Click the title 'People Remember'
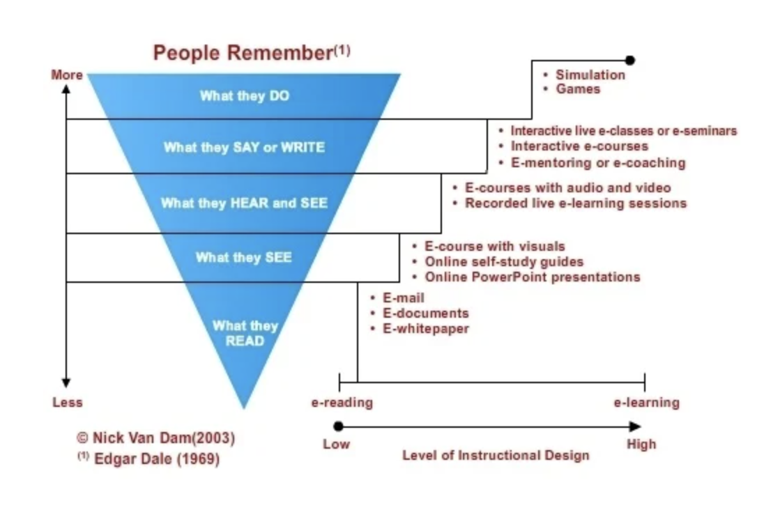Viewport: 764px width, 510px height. click(x=243, y=53)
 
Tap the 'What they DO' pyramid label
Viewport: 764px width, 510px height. click(x=245, y=95)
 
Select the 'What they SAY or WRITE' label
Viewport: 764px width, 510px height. click(x=244, y=147)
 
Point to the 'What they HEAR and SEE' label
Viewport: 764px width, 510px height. click(x=244, y=203)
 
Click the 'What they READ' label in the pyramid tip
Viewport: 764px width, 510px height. click(x=245, y=333)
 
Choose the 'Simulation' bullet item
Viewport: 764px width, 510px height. click(x=590, y=75)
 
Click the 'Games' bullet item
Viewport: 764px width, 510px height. click(x=578, y=89)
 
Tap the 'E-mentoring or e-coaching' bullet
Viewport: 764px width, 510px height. click(x=598, y=163)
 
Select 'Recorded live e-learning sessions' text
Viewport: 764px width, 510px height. click(x=575, y=203)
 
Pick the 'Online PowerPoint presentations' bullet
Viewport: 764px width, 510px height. click(x=532, y=277)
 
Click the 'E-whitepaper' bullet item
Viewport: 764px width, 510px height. click(x=426, y=329)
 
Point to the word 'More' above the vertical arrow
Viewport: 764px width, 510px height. click(x=67, y=75)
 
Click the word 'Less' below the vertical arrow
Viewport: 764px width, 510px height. click(x=67, y=402)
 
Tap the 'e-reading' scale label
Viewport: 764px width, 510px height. click(x=342, y=402)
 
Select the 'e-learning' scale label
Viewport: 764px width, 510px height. click(x=647, y=402)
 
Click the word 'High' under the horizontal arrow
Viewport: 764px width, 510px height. click(x=641, y=445)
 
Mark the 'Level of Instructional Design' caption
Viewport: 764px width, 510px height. click(x=496, y=456)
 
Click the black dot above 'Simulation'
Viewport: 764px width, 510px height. click(x=630, y=61)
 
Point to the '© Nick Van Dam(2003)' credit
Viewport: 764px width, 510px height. click(x=156, y=438)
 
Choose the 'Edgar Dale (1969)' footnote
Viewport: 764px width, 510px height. click(x=156, y=459)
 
